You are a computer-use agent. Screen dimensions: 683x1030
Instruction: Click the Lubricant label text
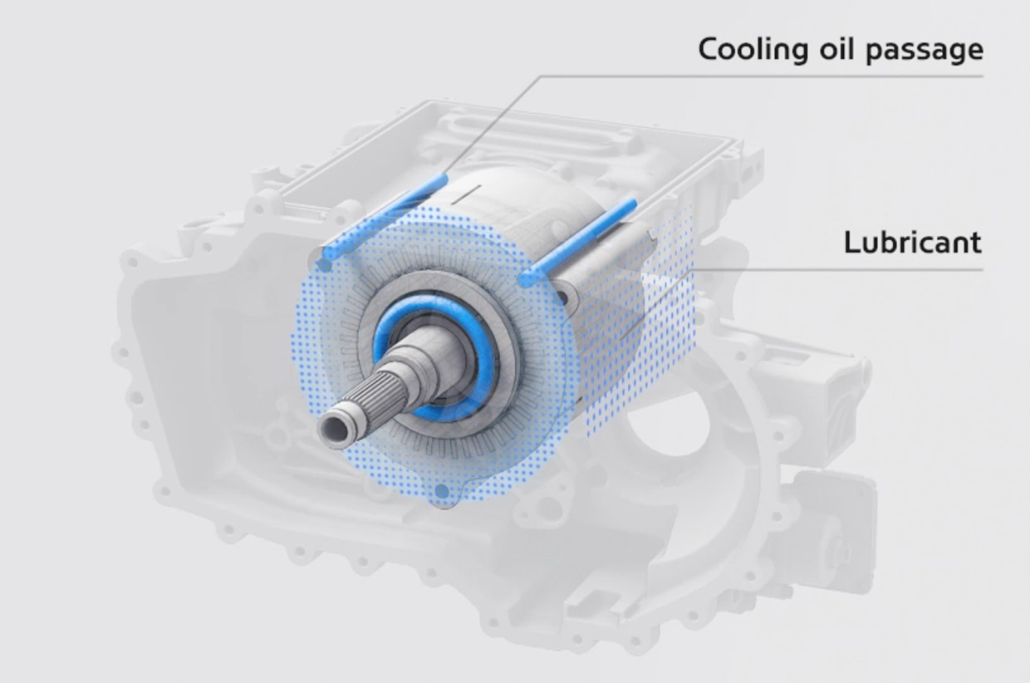[x=912, y=243]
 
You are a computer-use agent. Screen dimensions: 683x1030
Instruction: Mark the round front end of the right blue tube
[x=525, y=278]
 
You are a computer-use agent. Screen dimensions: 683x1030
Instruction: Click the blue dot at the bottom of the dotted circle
[x=442, y=492]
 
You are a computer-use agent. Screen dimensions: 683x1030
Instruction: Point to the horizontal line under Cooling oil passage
[x=764, y=76]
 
